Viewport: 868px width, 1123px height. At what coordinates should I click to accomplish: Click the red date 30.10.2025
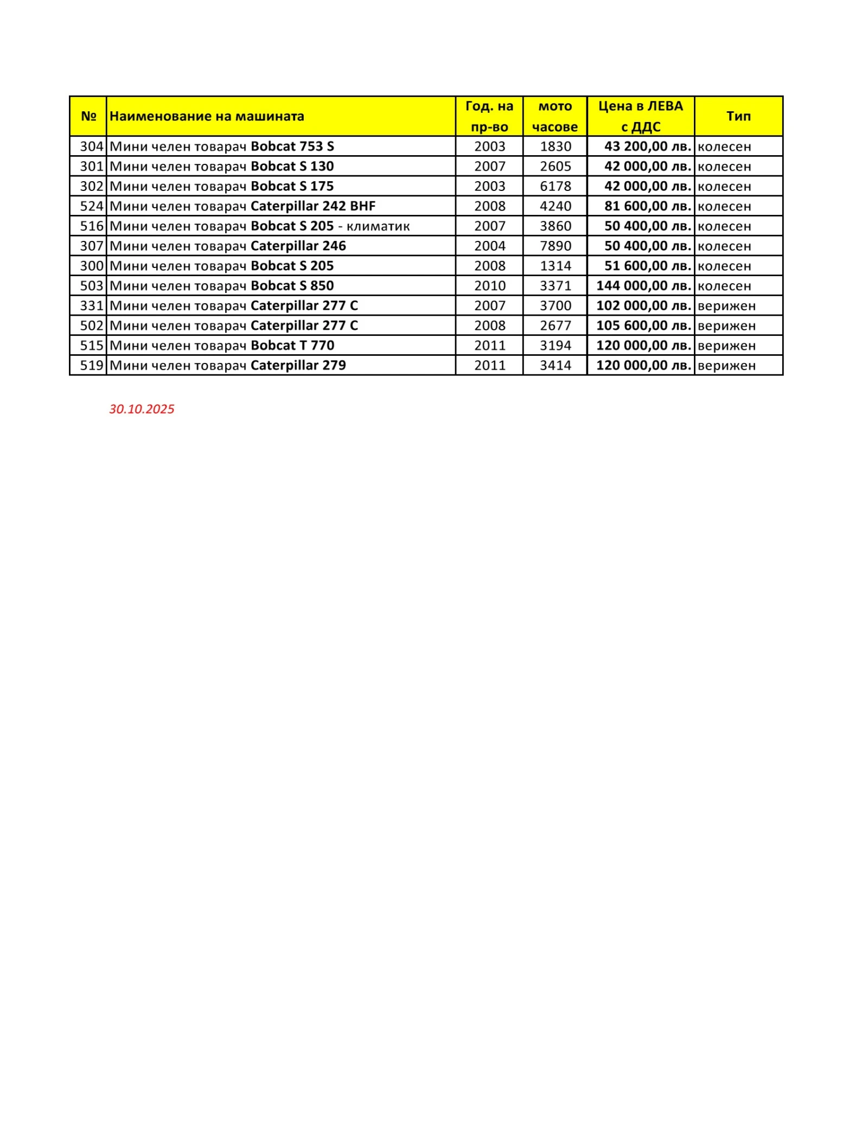142,409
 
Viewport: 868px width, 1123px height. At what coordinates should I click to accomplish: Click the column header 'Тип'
738,116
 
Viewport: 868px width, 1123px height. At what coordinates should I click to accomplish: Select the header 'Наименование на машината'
207,116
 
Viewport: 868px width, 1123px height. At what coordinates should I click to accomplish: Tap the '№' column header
88,116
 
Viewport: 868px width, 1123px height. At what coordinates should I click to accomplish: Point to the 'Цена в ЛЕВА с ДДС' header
640,116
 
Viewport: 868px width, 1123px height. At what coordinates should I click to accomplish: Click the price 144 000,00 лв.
643,286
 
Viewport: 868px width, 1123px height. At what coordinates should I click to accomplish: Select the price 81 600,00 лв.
647,206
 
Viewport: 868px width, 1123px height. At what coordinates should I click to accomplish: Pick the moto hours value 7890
555,246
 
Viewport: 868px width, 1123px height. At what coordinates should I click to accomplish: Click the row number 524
91,206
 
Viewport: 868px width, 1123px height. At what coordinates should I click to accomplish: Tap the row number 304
91,146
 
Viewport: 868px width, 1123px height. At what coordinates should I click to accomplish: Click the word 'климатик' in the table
378,226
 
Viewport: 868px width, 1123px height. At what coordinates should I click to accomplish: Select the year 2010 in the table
489,286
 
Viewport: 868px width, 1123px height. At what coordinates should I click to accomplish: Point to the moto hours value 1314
555,266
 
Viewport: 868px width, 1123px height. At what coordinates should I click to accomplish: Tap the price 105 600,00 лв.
643,326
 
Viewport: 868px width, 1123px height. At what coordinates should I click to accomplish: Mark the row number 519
91,366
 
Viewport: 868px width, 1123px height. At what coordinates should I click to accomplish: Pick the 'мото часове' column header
555,116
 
